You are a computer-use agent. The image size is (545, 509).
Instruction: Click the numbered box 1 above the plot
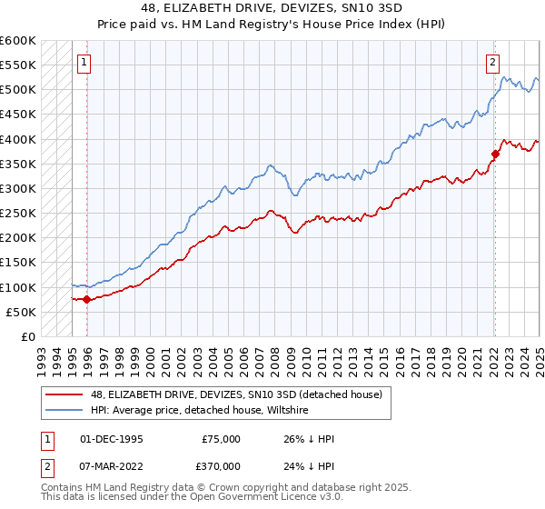click(84, 63)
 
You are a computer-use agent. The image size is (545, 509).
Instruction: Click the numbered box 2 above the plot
click(491, 63)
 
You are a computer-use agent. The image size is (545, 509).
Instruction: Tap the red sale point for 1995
click(87, 299)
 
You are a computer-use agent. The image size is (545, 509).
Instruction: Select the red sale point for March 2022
click(496, 155)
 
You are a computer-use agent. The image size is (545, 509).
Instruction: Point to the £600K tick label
click(18, 41)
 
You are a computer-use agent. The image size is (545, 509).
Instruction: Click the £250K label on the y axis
click(18, 214)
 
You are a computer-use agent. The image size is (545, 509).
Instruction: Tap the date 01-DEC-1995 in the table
click(111, 439)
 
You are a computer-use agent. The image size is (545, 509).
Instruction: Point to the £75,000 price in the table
click(222, 439)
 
